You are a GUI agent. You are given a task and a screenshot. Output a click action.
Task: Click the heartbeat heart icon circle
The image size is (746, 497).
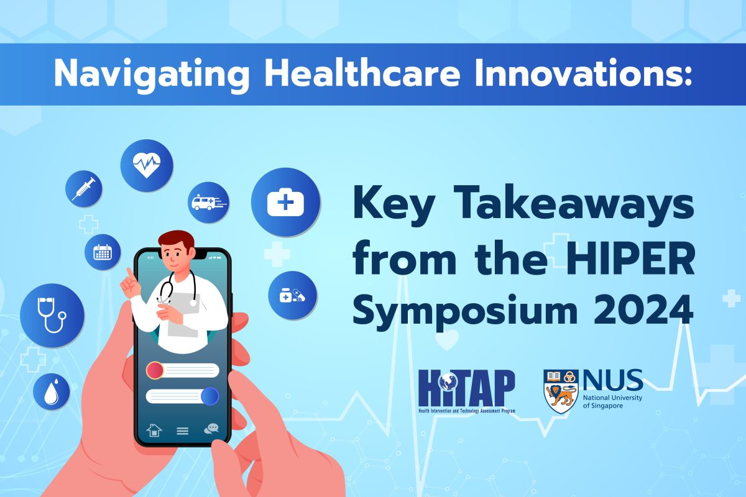click(x=147, y=165)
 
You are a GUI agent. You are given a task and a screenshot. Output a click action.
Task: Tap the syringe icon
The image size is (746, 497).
click(x=83, y=189)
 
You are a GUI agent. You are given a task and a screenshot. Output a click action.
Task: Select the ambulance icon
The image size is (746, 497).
click(x=208, y=203)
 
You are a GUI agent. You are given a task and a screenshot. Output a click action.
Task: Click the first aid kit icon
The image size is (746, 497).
click(x=285, y=202)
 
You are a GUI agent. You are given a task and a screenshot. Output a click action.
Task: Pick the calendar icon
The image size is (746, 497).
click(x=103, y=252)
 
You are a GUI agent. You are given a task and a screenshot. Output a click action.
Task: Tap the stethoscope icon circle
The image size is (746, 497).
click(x=52, y=315)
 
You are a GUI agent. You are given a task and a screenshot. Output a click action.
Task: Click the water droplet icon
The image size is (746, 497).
click(x=51, y=391)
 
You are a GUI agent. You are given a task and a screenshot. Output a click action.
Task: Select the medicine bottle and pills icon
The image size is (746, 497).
click(x=292, y=295)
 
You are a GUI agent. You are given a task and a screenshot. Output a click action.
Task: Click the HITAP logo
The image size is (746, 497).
click(x=467, y=391)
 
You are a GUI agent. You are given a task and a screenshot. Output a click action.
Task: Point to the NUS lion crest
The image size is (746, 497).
click(x=561, y=391)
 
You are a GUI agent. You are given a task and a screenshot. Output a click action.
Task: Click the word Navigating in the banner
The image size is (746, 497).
click(x=152, y=74)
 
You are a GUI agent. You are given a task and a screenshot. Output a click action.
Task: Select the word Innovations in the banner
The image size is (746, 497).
click(x=583, y=73)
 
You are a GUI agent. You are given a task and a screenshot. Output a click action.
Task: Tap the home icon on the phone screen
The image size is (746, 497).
click(x=154, y=430)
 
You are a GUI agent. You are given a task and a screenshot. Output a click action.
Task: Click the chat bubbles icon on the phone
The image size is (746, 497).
click(x=211, y=429)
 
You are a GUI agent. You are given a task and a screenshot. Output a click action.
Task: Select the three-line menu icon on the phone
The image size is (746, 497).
click(x=183, y=431)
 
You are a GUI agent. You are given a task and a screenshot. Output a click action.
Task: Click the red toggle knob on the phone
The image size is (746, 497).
click(x=155, y=370)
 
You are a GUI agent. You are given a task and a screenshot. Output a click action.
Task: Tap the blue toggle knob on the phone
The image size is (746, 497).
click(x=210, y=396)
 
